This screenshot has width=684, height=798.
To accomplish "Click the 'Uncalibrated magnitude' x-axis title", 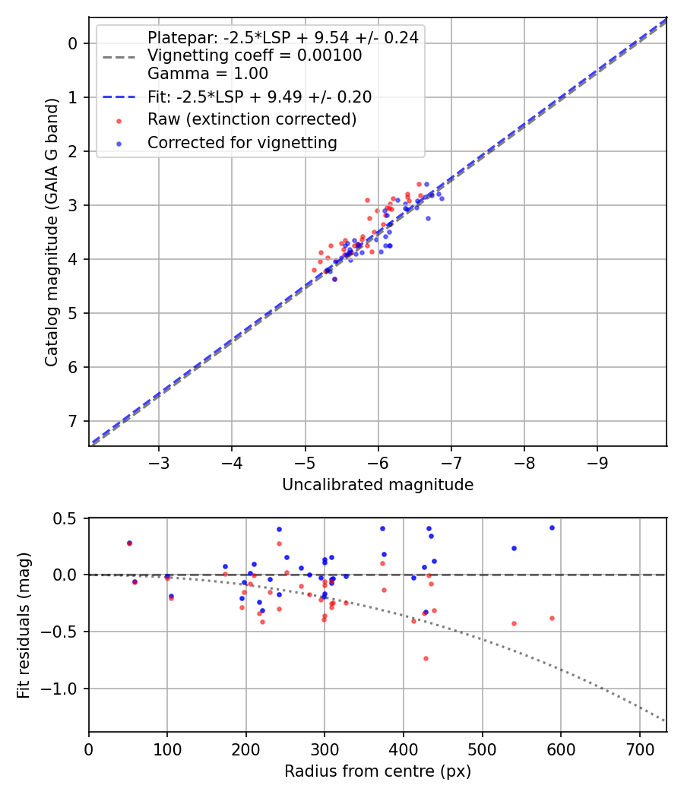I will click(x=378, y=485).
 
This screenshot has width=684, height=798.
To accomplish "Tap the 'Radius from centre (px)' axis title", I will click(x=378, y=771).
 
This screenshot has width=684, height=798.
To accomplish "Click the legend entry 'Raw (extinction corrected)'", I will click(x=252, y=119).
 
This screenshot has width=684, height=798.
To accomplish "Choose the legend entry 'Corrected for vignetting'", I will click(x=242, y=142).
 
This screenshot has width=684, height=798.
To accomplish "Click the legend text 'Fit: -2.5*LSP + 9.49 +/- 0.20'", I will click(x=259, y=97).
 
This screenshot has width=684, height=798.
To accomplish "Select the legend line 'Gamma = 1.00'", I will click(x=207, y=74).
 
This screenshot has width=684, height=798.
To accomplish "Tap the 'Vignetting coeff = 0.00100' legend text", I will click(x=255, y=55).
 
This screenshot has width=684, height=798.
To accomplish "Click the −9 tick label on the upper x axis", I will click(x=597, y=463).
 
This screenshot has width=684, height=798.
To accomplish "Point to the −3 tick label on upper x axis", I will click(x=159, y=463).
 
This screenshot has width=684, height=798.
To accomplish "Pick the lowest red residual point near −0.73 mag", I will click(x=426, y=658).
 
